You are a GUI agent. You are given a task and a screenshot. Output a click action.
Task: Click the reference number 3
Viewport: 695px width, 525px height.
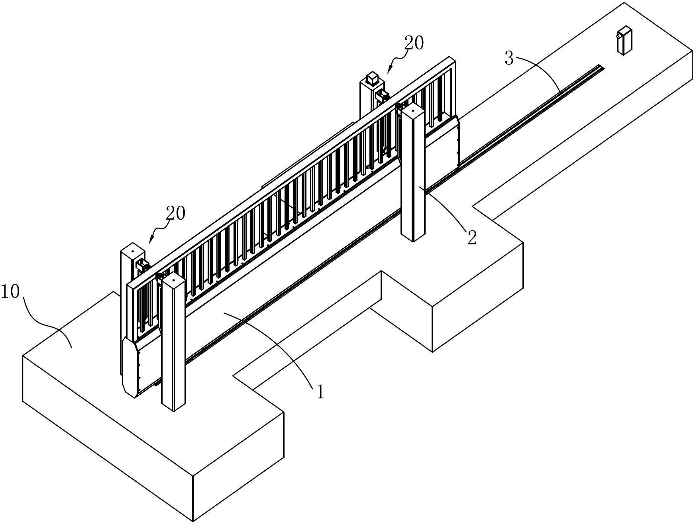pyautogui.click(x=509, y=58)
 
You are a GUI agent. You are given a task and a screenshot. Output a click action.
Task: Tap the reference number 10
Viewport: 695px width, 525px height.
pyautogui.click(x=10, y=292)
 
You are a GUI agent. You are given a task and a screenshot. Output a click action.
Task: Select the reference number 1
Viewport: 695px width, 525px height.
pyautogui.click(x=320, y=392)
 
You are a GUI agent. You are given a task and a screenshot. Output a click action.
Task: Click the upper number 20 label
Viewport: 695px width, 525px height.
pyautogui.click(x=414, y=43)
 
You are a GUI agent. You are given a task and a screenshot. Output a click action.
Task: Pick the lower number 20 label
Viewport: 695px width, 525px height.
pyautogui.click(x=176, y=214)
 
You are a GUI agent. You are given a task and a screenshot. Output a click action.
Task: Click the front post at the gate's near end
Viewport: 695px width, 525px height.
pyautogui.click(x=174, y=343)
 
